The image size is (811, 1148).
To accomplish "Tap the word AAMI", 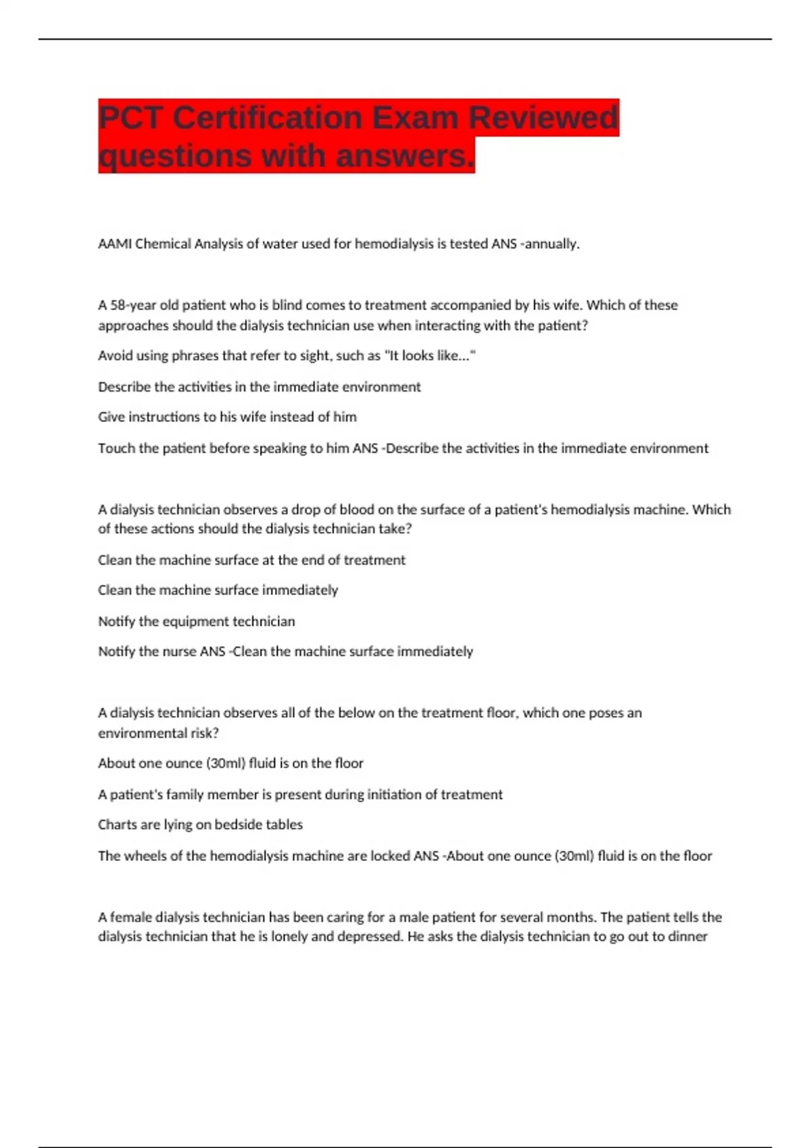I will pos(115,244).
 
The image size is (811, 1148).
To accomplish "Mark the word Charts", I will pos(118,825).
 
